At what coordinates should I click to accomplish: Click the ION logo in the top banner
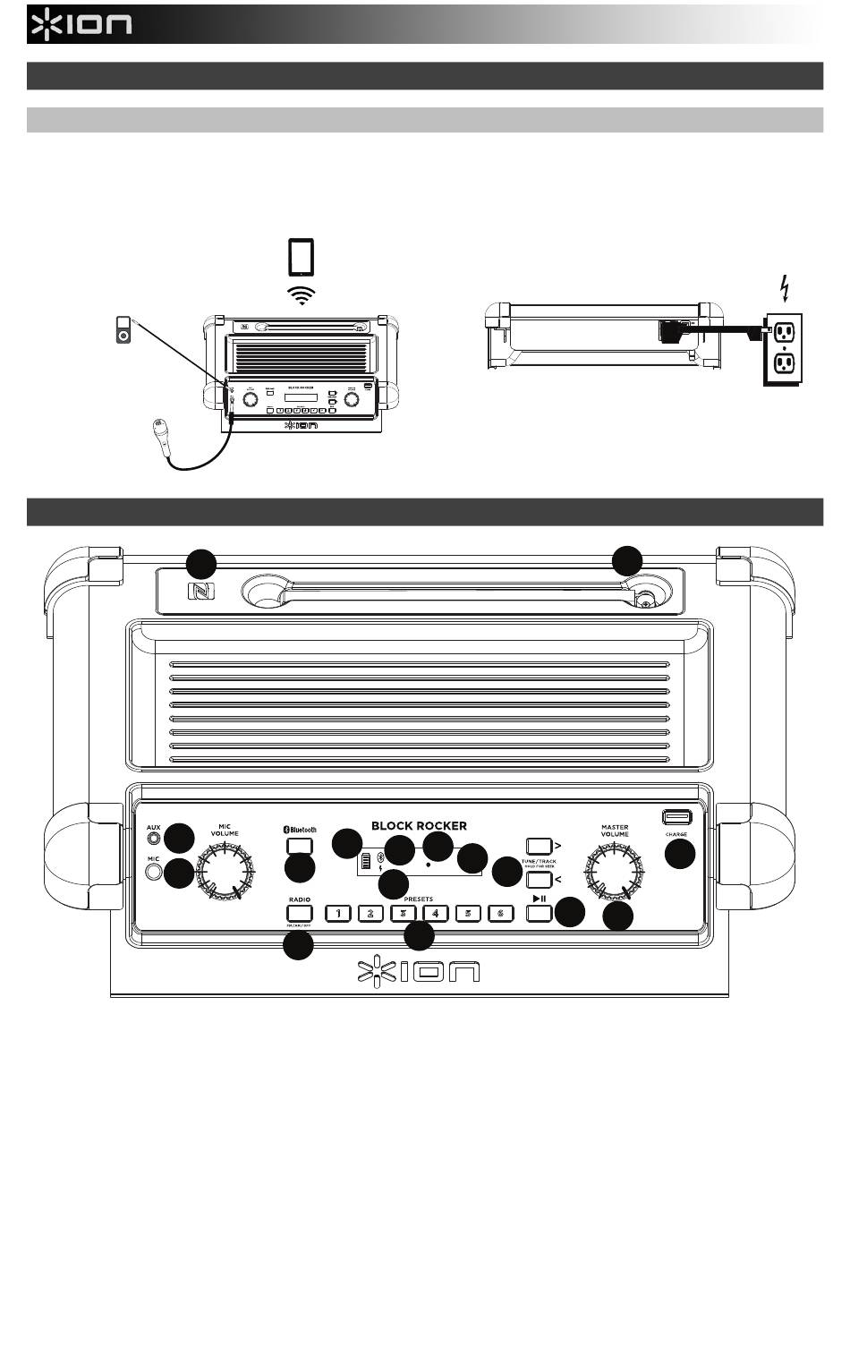81,24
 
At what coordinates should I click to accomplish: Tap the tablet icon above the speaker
302,258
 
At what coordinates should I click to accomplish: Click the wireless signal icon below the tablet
302,296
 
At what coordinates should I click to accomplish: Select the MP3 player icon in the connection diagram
124,328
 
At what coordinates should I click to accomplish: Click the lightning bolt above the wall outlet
785,289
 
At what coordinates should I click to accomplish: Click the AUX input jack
155,839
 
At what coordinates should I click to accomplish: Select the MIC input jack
154,872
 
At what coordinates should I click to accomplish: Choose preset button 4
435,914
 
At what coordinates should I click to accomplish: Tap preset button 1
338,914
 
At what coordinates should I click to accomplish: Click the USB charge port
676,816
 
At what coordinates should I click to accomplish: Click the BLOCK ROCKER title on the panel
419,825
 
